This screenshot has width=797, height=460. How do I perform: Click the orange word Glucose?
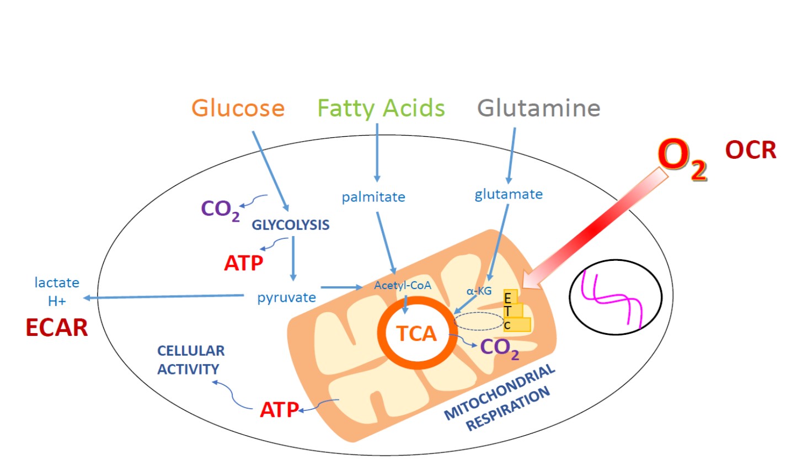(x=238, y=108)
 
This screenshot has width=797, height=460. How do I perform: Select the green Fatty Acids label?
(x=382, y=108)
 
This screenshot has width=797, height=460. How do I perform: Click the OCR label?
(x=751, y=150)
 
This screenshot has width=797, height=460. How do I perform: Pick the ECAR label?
(x=57, y=328)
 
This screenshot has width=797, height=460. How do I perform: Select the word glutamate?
(x=509, y=194)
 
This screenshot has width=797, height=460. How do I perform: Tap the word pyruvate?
(x=286, y=297)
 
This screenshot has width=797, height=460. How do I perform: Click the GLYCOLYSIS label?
(x=291, y=224)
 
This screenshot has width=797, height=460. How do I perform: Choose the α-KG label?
(x=478, y=291)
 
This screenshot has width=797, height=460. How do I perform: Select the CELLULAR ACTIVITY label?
(x=191, y=360)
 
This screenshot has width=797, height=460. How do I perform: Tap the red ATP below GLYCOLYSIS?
(x=243, y=263)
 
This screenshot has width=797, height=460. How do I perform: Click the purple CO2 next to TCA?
(x=500, y=347)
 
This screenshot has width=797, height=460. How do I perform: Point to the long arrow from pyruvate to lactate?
(x=165, y=297)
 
